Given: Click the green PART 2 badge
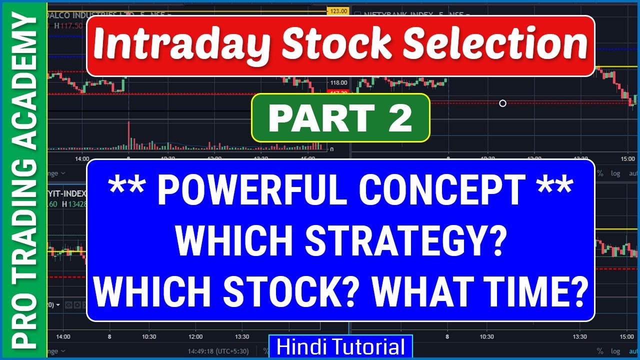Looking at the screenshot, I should pyautogui.click(x=340, y=117).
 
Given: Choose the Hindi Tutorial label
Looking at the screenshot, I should pyautogui.click(x=340, y=347).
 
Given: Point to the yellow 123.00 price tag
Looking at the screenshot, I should pyautogui.click(x=338, y=10).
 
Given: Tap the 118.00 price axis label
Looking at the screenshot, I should pyautogui.click(x=338, y=83).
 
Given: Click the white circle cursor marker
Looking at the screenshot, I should pyautogui.click(x=502, y=103).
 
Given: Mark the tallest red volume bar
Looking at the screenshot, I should pyautogui.click(x=128, y=135).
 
